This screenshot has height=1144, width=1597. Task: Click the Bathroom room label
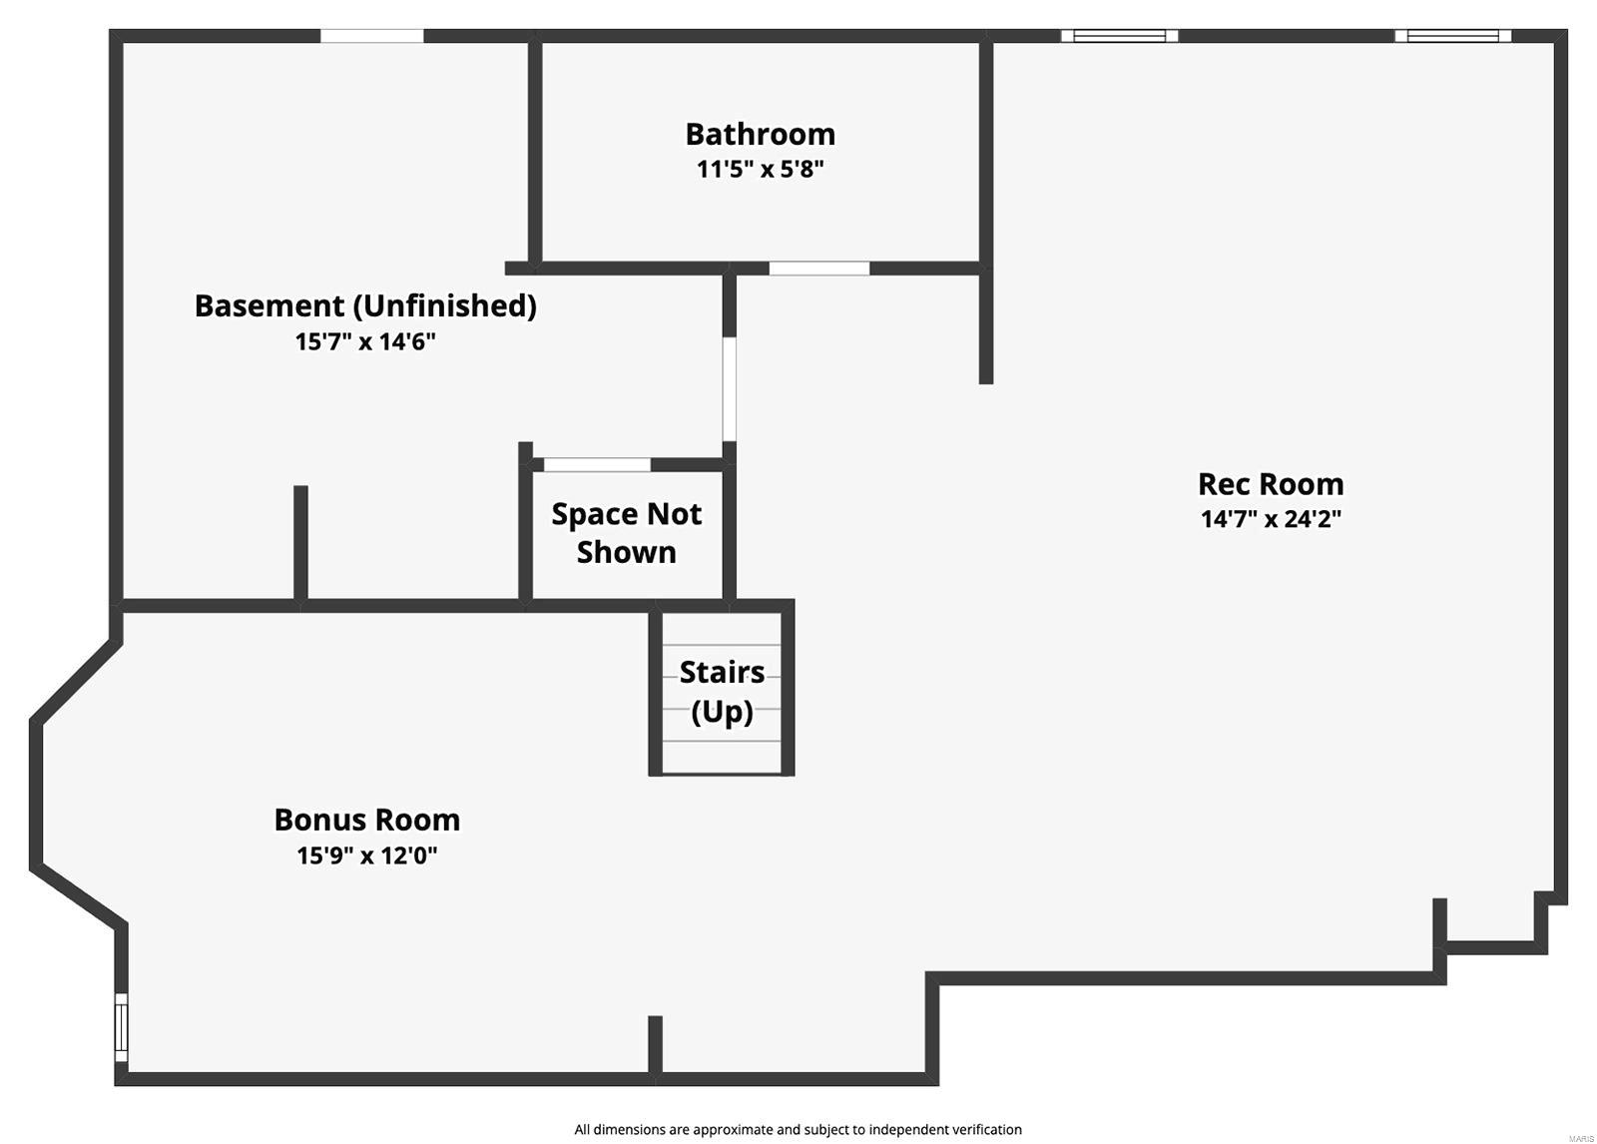[760, 134]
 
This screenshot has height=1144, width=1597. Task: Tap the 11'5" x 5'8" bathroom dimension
[760, 169]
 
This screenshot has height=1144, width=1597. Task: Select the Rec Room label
[1270, 484]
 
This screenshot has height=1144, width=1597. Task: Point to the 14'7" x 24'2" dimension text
[1270, 519]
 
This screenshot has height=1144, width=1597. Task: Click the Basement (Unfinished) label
[365, 305]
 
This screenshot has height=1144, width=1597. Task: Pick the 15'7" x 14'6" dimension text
[365, 341]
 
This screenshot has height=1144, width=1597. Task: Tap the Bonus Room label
[366, 820]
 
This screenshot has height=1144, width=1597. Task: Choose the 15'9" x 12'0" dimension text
[366, 856]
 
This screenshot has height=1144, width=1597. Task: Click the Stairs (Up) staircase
[722, 692]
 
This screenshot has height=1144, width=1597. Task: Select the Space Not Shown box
[626, 533]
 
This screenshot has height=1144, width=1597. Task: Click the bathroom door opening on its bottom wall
[818, 268]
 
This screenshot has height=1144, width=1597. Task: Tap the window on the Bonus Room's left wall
[121, 1027]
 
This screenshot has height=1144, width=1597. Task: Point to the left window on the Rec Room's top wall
[1119, 36]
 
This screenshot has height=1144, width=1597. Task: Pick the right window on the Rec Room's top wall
[1452, 36]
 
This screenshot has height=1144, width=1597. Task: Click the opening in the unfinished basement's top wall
[371, 36]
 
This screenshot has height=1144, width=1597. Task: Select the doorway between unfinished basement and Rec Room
[729, 389]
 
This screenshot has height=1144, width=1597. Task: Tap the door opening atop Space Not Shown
[597, 464]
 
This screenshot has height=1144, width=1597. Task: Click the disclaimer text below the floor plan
[798, 1129]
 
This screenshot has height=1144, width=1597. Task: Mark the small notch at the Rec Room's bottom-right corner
[1492, 923]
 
